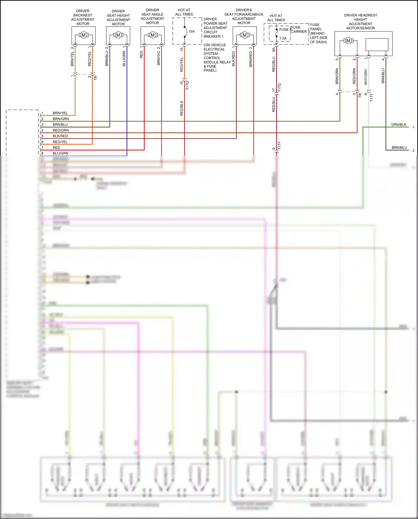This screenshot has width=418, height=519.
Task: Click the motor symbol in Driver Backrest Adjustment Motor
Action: click(x=83, y=35)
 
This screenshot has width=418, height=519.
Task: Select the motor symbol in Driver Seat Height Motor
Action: click(x=118, y=35)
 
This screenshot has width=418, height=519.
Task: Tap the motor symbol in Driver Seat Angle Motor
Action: click(x=152, y=35)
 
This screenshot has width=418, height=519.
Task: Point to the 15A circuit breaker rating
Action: click(x=191, y=32)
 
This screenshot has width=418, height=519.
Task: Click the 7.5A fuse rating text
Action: click(x=283, y=38)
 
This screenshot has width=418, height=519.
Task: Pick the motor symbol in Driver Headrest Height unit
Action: click(x=348, y=41)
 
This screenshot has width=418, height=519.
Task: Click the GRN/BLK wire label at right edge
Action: click(x=398, y=125)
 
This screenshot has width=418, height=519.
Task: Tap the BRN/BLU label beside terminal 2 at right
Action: click(x=399, y=148)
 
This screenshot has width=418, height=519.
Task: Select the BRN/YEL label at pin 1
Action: click(x=60, y=113)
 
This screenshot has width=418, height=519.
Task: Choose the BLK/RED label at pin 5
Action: click(x=60, y=136)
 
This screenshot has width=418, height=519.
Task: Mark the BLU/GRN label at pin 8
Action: click(x=60, y=153)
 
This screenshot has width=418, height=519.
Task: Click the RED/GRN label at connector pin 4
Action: click(x=61, y=130)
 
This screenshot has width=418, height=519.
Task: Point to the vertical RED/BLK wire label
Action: click(x=182, y=108)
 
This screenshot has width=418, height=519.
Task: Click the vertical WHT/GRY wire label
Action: click(x=366, y=77)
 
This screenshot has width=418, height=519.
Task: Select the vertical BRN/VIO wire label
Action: click(x=159, y=58)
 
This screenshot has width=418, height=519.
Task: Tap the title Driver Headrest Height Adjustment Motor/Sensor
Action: click(x=360, y=22)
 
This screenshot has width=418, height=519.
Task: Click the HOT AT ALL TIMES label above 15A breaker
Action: click(x=184, y=12)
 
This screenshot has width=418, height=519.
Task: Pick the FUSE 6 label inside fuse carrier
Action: click(x=285, y=30)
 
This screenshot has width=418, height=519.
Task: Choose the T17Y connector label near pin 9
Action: click(x=280, y=146)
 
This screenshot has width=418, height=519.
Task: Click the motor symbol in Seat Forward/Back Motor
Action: click(x=244, y=35)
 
